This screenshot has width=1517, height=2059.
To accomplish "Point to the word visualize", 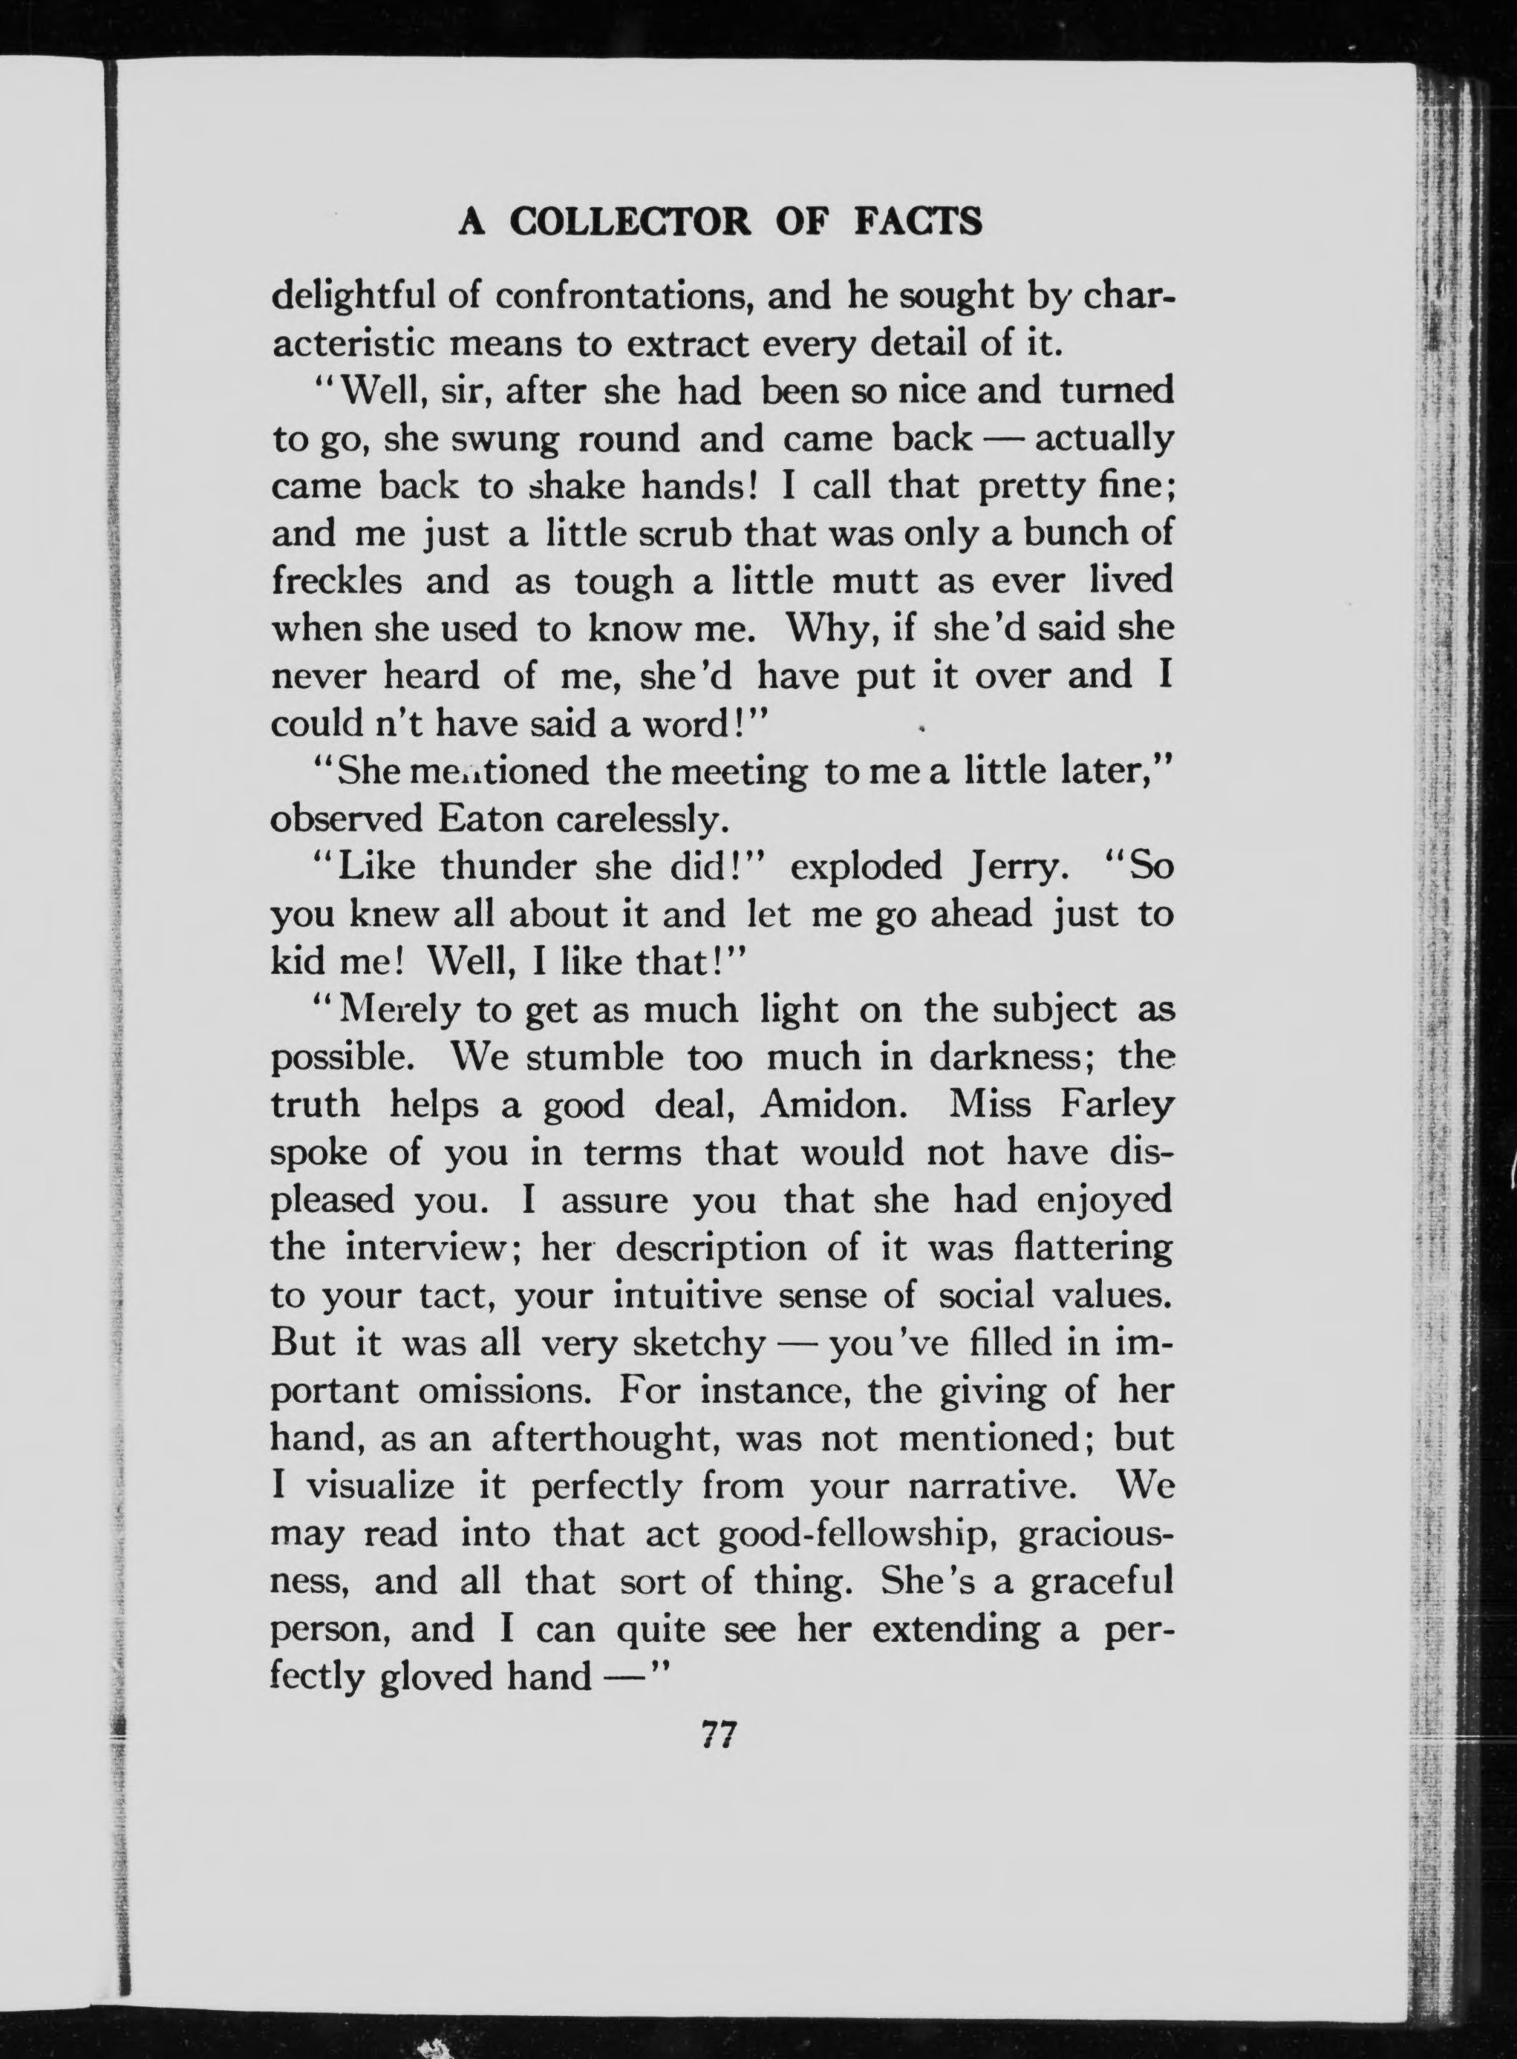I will pos(379,1486).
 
